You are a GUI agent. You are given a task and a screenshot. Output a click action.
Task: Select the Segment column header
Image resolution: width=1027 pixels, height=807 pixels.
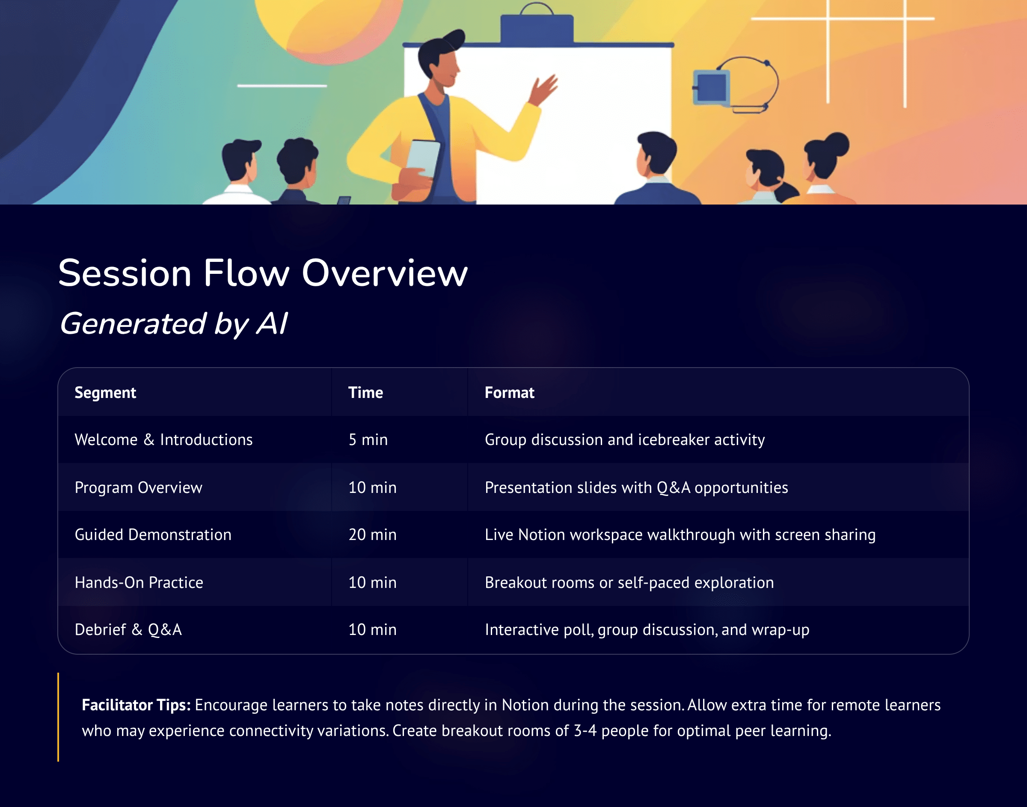(x=105, y=393)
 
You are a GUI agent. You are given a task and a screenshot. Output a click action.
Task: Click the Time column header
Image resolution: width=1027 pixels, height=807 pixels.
(x=365, y=393)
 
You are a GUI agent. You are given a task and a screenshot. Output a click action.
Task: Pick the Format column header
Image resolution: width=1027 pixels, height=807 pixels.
(x=509, y=393)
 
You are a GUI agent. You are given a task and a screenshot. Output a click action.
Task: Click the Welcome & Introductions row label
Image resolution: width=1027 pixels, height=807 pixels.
(x=163, y=440)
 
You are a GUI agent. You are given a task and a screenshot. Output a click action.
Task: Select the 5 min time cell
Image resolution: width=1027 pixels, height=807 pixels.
(x=368, y=440)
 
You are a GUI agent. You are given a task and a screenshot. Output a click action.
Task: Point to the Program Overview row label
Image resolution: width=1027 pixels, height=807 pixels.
(x=138, y=488)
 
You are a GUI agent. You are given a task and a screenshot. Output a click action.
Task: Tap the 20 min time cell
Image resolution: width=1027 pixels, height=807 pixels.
(x=372, y=535)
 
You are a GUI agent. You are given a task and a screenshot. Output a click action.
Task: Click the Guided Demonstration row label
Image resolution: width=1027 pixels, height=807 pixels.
(x=153, y=535)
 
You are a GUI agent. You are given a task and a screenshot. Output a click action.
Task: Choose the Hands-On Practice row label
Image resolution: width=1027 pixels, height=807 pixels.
(x=139, y=582)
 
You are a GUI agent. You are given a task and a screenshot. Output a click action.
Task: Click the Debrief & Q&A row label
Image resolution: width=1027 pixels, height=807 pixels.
(x=128, y=630)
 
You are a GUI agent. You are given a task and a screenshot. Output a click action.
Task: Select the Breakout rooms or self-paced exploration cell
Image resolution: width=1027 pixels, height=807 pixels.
(x=629, y=582)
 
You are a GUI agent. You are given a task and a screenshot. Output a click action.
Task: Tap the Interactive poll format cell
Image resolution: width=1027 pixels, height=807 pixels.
(x=647, y=630)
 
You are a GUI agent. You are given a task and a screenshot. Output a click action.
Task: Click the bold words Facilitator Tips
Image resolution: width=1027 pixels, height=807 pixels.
(x=136, y=705)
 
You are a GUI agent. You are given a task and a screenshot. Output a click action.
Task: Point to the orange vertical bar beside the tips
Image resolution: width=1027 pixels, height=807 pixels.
(x=58, y=717)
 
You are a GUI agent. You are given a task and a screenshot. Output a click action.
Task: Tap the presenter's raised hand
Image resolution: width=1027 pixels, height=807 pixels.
(x=544, y=89)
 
